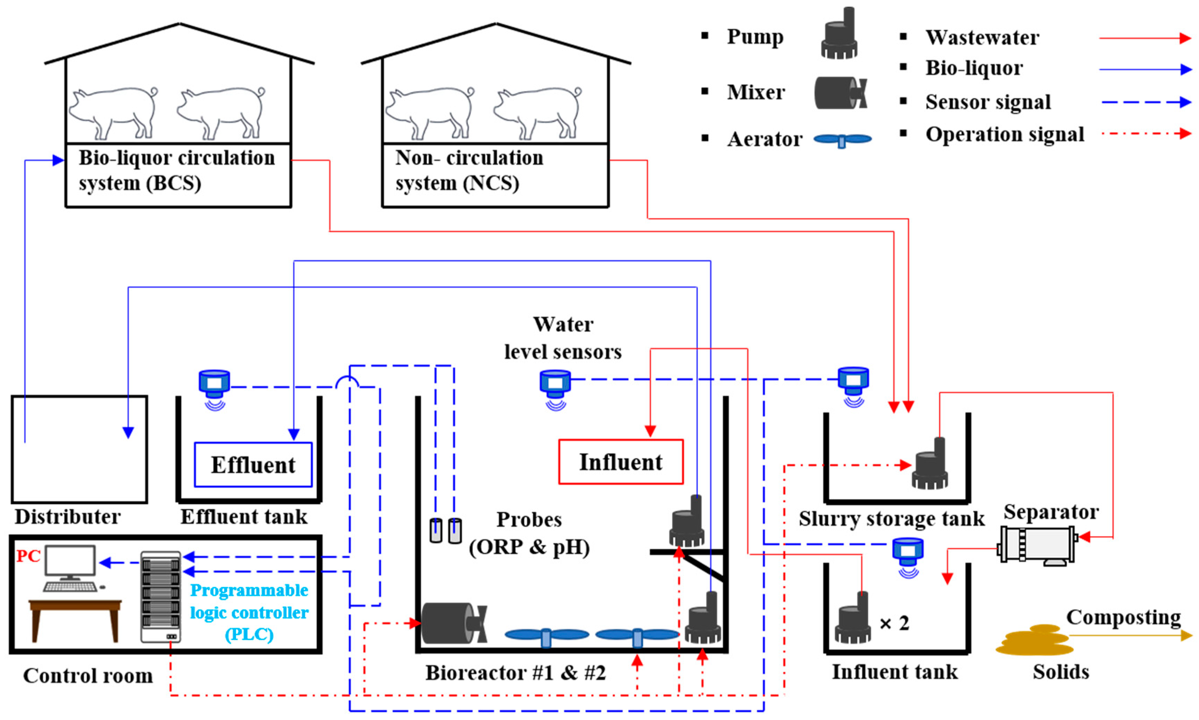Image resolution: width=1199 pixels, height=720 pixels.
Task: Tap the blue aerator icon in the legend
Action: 842,140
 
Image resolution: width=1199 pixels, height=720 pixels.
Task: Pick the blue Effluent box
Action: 253,464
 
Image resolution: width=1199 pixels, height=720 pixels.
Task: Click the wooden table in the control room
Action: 75,616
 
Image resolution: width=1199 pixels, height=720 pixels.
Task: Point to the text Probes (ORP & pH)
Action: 529,533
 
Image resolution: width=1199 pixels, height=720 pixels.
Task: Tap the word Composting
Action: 1123,617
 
